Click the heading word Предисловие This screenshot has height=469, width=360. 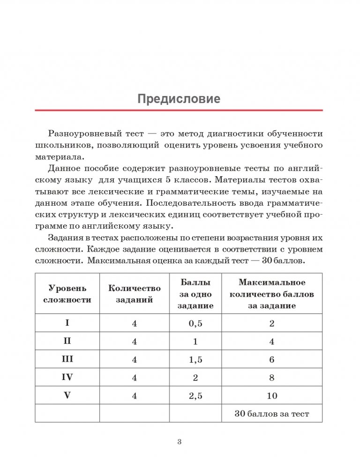[x=179, y=99]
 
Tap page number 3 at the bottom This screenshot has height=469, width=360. [x=179, y=441]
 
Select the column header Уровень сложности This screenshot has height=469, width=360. [x=67, y=294]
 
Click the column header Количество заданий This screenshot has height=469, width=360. [x=134, y=294]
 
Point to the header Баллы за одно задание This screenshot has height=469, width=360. [x=195, y=294]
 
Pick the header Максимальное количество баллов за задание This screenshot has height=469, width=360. [x=271, y=294]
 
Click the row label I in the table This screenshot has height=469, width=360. [x=67, y=323]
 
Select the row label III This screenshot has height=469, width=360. [x=67, y=359]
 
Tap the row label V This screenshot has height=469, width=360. [x=67, y=395]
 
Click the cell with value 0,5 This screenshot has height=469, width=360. [x=195, y=323]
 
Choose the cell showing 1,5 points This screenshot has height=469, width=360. [x=195, y=359]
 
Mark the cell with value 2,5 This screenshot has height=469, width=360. [x=195, y=395]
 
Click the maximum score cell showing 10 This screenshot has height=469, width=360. [x=271, y=395]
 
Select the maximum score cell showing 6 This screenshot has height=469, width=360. [x=271, y=359]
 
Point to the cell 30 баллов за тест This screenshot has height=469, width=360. [x=271, y=414]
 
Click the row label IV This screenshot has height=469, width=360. [x=67, y=377]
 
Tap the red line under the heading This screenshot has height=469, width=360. [x=179, y=110]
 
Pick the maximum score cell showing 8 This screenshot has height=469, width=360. [x=271, y=377]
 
